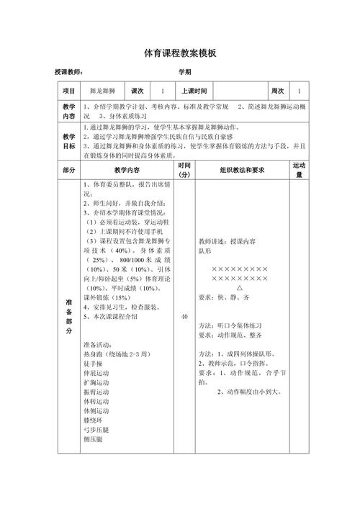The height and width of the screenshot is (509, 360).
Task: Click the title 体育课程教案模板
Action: point(180,53)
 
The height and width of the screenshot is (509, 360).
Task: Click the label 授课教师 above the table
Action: point(69,73)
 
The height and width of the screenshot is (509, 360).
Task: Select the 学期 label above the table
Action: point(185,73)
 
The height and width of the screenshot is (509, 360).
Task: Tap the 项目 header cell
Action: point(69,91)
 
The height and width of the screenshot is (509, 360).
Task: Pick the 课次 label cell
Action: point(138,91)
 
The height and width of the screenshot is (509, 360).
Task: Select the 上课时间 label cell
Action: point(194,91)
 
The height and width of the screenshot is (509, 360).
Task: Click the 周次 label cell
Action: point(277,91)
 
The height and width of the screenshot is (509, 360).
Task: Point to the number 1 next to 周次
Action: point(300,91)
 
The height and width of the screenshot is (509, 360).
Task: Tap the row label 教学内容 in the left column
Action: point(69,110)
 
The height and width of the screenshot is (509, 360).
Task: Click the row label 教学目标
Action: point(69,140)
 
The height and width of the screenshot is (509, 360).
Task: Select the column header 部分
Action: point(69,170)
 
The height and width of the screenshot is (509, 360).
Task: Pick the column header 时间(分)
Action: point(184,170)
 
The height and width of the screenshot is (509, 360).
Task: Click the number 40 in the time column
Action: point(184,317)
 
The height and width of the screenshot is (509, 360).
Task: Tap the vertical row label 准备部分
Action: point(69,317)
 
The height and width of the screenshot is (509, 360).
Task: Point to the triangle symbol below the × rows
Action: point(240,287)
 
